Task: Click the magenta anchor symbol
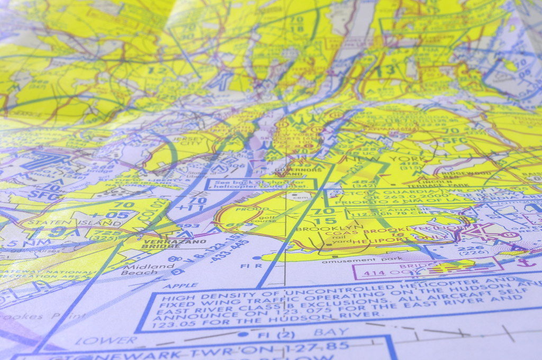[x=523, y=261]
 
